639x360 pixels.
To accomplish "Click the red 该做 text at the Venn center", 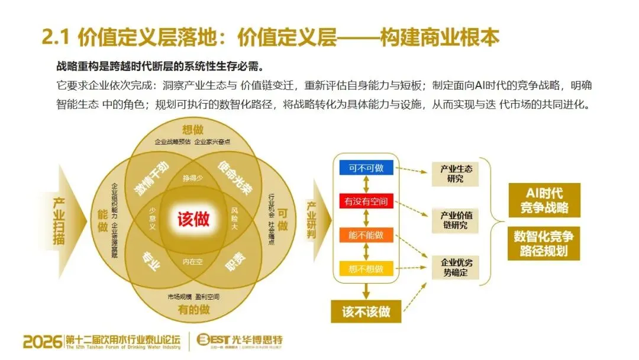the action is (x=193, y=220).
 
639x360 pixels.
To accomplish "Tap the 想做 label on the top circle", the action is (x=193, y=130).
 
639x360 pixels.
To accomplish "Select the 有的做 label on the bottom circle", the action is (x=193, y=308).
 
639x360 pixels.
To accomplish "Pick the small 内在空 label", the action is (x=193, y=261).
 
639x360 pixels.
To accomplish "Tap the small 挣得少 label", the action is (x=193, y=178).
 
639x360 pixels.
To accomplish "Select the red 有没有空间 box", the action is (x=366, y=201).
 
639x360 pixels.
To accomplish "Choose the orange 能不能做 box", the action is (x=366, y=235).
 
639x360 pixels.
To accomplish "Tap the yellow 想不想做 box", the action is (x=366, y=269).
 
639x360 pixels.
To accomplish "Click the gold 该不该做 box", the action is (x=366, y=310).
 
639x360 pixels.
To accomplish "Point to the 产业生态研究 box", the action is (x=456, y=173).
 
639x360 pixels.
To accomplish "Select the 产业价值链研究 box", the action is (x=456, y=220).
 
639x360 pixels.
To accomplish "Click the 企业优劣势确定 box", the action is (x=456, y=267).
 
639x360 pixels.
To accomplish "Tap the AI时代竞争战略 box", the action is (x=544, y=200).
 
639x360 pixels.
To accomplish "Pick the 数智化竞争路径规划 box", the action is (x=544, y=243).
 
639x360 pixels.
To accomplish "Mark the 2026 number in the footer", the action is (x=43, y=342).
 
